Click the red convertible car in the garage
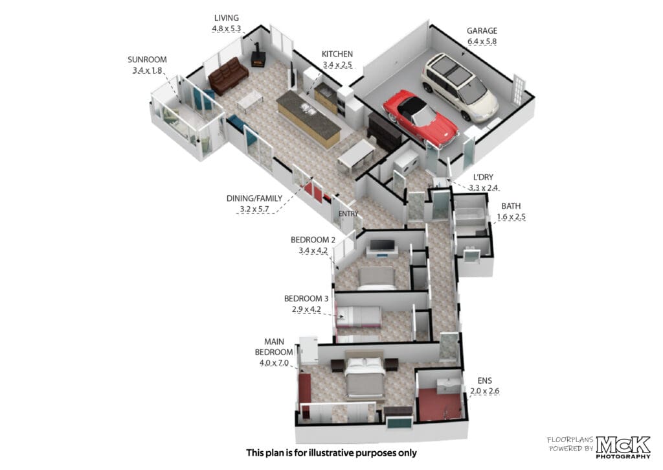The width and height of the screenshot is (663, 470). pyautogui.click(x=421, y=119)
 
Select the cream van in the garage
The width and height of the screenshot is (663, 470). pyautogui.click(x=460, y=88)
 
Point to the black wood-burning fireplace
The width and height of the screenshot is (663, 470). pyautogui.click(x=258, y=56)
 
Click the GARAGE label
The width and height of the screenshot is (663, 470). pyautogui.click(x=482, y=30)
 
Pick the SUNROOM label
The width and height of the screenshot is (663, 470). pyautogui.click(x=147, y=60)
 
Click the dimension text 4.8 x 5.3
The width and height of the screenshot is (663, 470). pyautogui.click(x=226, y=29)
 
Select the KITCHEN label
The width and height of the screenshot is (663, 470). pyautogui.click(x=337, y=54)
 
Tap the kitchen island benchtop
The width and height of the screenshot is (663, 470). pyautogui.click(x=309, y=113)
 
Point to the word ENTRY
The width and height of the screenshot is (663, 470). pyautogui.click(x=348, y=214)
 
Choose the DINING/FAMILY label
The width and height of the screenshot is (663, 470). pyautogui.click(x=254, y=198)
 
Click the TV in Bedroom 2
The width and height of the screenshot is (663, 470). pyautogui.click(x=382, y=245)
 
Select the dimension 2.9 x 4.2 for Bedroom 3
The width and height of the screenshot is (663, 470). pyautogui.click(x=306, y=309)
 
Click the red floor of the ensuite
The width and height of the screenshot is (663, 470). pyautogui.click(x=439, y=405)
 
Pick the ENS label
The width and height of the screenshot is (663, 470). pyautogui.click(x=484, y=381)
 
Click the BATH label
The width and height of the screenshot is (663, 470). pyautogui.click(x=511, y=206)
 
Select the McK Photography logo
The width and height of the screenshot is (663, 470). pyautogui.click(x=623, y=447)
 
